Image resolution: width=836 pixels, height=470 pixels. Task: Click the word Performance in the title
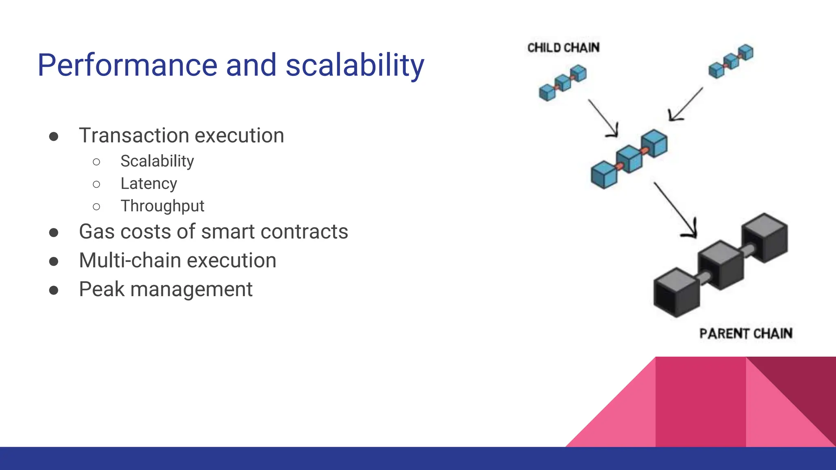127,65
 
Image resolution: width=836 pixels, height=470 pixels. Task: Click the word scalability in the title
355,65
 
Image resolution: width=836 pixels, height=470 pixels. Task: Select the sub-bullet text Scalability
157,162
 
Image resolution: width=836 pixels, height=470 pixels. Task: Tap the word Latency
149,184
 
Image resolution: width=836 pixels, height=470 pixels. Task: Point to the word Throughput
162,206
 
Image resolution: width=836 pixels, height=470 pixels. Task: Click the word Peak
102,289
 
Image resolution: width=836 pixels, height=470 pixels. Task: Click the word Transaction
132,135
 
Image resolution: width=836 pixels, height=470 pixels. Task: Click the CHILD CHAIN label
564,48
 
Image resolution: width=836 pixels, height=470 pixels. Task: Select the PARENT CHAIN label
746,334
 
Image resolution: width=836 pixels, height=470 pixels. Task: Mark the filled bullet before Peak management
53,290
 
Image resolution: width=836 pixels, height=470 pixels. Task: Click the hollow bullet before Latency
96,184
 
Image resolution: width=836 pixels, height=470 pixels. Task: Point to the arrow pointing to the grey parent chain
676,210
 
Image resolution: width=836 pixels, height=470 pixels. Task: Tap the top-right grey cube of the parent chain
765,238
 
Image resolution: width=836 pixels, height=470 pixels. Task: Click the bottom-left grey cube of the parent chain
677,293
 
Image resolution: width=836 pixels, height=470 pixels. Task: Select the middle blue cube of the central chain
629,160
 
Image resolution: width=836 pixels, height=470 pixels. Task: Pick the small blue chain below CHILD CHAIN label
563,83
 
